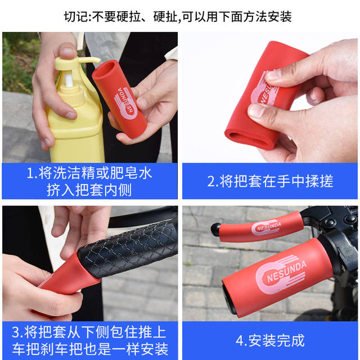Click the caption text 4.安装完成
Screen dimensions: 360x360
(x=269, y=340)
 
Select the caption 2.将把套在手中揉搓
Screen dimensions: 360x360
(x=269, y=181)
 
